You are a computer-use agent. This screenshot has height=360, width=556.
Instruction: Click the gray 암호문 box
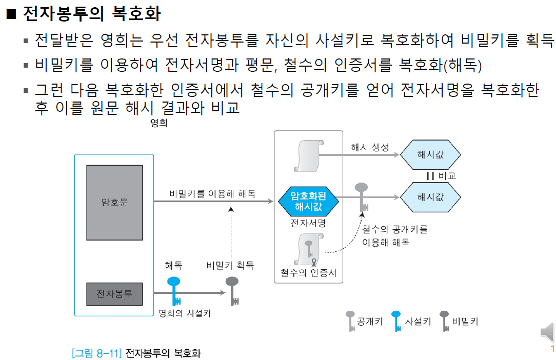(114, 203)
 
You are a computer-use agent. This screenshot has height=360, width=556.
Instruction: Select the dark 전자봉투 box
(114, 294)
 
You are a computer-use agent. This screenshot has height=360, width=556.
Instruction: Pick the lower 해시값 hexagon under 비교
(430, 197)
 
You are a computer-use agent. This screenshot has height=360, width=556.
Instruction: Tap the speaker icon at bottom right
(547, 333)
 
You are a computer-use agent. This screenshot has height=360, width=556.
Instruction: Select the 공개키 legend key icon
(350, 321)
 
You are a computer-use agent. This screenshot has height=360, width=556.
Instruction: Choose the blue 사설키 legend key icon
(396, 321)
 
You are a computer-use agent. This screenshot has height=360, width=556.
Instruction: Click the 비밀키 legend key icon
(444, 321)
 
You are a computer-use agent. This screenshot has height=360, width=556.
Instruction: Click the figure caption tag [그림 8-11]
(96, 353)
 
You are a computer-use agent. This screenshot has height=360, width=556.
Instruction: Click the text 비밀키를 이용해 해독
(212, 194)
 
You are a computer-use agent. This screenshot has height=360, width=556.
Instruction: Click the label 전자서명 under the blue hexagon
(308, 224)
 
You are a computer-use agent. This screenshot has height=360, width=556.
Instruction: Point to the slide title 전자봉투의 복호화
(91, 14)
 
